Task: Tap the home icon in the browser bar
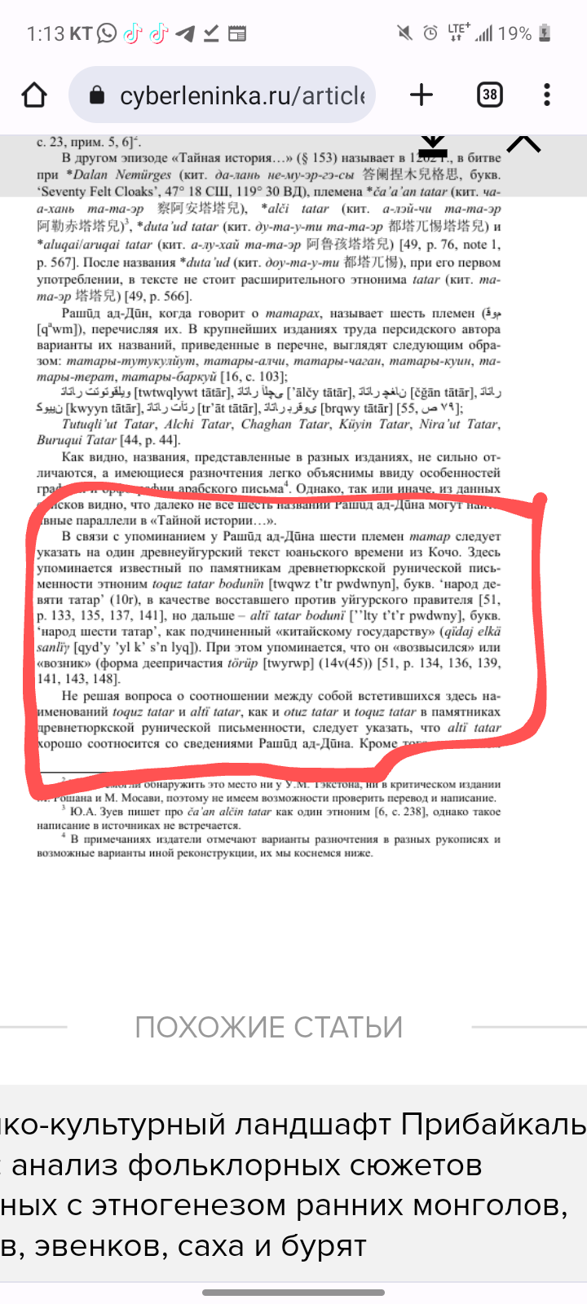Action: [34, 95]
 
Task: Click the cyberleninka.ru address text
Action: [242, 96]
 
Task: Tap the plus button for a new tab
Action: [421, 95]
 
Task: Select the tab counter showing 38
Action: [489, 95]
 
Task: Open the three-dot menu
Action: [547, 95]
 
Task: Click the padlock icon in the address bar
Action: [97, 96]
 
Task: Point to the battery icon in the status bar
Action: [545, 33]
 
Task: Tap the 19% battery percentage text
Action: [514, 33]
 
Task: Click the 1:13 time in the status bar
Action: [45, 33]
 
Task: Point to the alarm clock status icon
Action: [430, 33]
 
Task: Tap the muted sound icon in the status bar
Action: [404, 33]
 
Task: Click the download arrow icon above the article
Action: [433, 145]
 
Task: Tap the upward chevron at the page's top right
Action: [523, 144]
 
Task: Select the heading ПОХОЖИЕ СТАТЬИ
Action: [269, 1027]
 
